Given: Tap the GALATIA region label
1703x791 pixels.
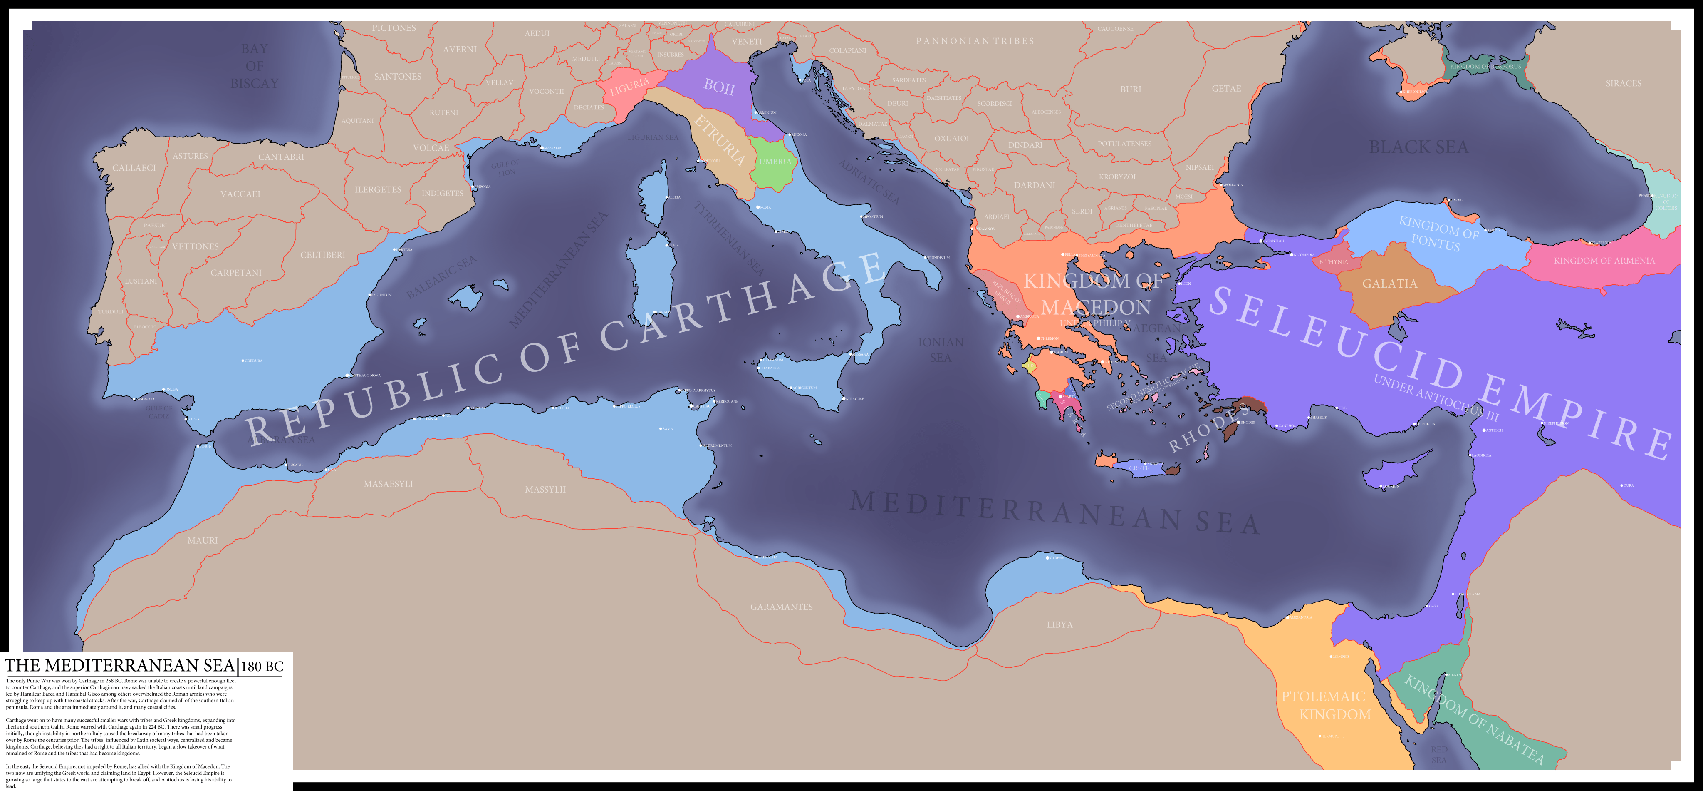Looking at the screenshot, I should [1390, 284].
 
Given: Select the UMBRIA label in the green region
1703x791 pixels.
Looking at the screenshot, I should [775, 162].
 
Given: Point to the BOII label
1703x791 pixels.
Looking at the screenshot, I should [719, 86].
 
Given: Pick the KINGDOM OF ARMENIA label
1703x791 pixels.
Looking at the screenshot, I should [1604, 261].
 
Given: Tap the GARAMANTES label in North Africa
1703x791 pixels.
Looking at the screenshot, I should [782, 607].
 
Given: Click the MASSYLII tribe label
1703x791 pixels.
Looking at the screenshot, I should [545, 490].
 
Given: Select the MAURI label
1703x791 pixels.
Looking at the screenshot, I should [202, 540].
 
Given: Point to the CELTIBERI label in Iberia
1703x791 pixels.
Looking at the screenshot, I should [323, 255].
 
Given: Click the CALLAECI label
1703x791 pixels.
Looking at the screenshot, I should [134, 168].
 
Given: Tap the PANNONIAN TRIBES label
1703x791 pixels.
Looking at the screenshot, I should [975, 41].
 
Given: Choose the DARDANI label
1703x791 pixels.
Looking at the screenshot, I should [1035, 185].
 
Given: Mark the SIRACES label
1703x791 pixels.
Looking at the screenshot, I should [1623, 83].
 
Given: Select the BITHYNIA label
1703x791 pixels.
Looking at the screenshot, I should [1334, 262].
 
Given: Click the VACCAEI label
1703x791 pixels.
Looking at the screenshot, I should [240, 194].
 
